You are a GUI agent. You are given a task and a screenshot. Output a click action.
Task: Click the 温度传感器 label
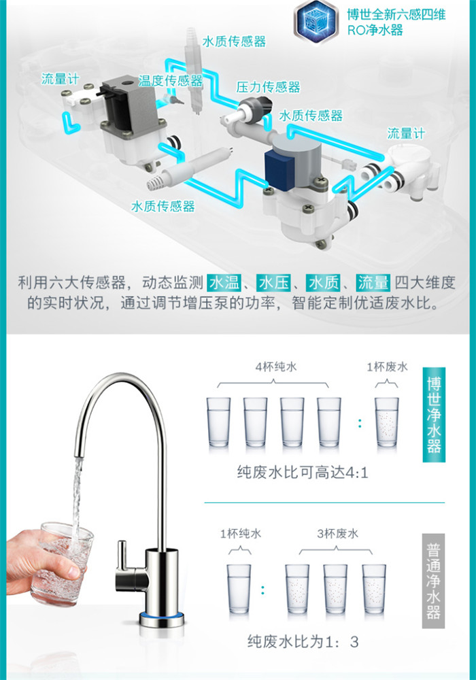[x=171, y=81]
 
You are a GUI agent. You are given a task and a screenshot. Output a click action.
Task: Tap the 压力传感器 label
[x=269, y=87]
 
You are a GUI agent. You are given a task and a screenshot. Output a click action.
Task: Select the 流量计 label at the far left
[x=61, y=79]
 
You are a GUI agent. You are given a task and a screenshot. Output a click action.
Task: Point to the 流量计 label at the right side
[x=406, y=133]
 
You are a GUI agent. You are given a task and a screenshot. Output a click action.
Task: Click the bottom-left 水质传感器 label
[x=163, y=206]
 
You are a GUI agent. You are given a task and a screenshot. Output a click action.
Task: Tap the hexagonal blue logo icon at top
[x=316, y=21]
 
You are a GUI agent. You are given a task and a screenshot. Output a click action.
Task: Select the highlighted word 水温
[x=224, y=283]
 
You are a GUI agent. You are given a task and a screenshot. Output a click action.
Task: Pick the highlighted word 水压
[x=273, y=283]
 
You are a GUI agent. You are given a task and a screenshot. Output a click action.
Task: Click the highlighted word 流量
[x=373, y=283]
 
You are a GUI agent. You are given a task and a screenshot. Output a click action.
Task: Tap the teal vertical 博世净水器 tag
[x=434, y=415]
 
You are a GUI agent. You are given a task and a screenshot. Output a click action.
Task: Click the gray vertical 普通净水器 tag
[x=434, y=581]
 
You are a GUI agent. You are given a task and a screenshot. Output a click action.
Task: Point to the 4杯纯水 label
[x=276, y=367]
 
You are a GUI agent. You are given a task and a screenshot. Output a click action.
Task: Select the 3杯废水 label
[x=338, y=533]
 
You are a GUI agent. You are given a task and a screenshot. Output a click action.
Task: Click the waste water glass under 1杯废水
[x=387, y=422]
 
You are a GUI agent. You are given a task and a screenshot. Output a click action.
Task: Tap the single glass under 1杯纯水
[x=239, y=589]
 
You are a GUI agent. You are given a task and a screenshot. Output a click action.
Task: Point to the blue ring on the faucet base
[x=162, y=616]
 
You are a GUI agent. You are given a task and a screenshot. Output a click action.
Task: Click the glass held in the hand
[x=63, y=564]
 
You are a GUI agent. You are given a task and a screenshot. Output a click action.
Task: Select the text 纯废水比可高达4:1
[x=303, y=473]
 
